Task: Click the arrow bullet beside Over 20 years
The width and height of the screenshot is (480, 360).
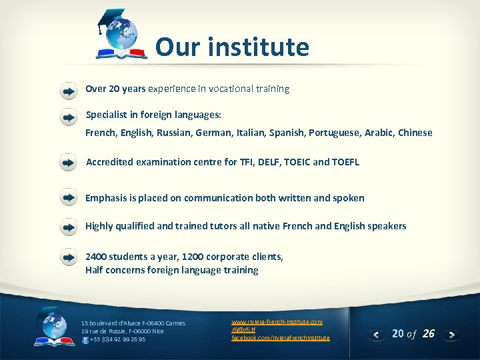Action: [68, 89]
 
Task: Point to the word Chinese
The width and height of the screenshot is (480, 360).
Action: [415, 133]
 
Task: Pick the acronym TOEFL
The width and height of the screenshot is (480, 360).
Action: [345, 162]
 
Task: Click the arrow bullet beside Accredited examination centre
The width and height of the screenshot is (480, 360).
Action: [68, 162]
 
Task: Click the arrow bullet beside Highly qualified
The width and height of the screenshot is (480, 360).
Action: [68, 227]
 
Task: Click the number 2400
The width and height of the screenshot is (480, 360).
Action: [96, 257]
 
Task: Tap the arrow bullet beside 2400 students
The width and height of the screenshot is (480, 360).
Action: [68, 257]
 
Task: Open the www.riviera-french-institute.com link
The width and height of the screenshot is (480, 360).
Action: [277, 322]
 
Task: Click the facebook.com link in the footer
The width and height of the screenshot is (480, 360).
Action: [280, 338]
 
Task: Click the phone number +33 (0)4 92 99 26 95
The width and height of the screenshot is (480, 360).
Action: [117, 339]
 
